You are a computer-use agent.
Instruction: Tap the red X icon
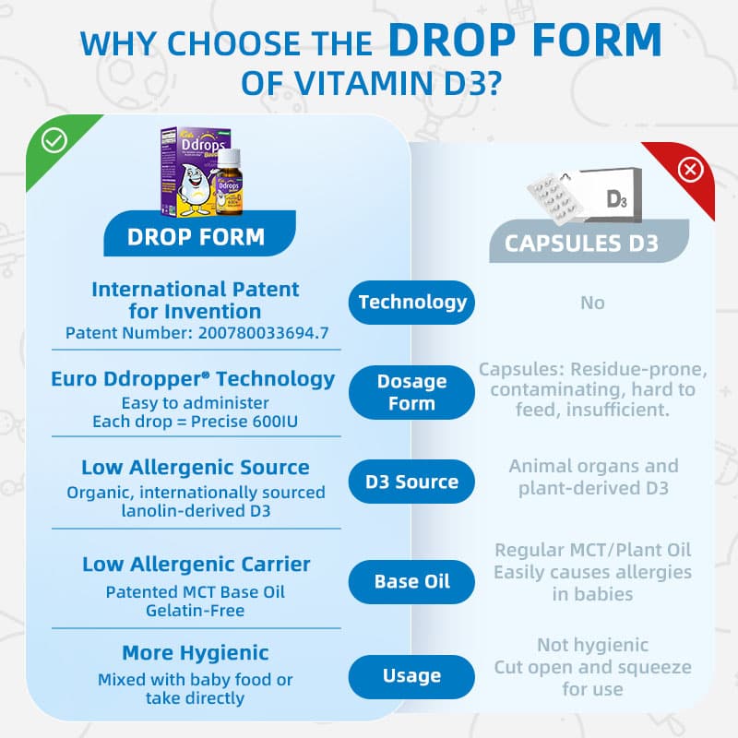pos(690,170)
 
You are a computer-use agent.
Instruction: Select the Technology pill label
pos(411,302)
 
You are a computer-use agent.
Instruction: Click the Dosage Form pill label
pos(411,392)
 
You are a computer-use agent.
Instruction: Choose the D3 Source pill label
pos(411,482)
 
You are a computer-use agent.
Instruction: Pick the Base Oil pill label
pos(411,581)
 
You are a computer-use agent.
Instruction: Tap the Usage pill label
pos(411,676)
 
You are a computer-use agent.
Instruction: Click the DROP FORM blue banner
pos(196,235)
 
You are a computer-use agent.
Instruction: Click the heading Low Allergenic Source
pos(196,468)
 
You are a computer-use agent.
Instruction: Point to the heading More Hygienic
pos(196,653)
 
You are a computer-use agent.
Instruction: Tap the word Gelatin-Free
pos(196,610)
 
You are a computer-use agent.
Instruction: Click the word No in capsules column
pos(592,303)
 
